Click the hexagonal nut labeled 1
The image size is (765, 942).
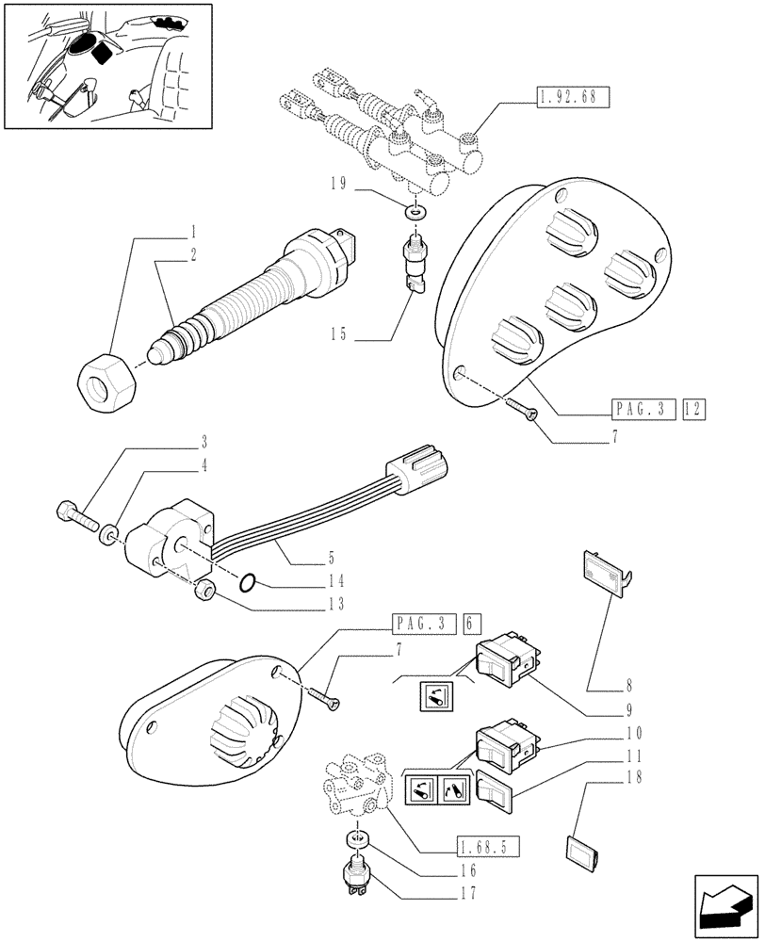coord(106,381)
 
